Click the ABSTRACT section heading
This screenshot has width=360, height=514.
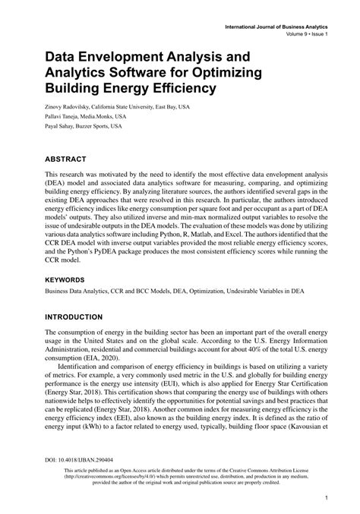tap(69, 161)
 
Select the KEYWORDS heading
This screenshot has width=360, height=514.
tap(70, 279)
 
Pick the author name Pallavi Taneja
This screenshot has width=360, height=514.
tap(64, 117)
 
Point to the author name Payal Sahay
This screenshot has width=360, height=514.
tap(61, 127)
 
